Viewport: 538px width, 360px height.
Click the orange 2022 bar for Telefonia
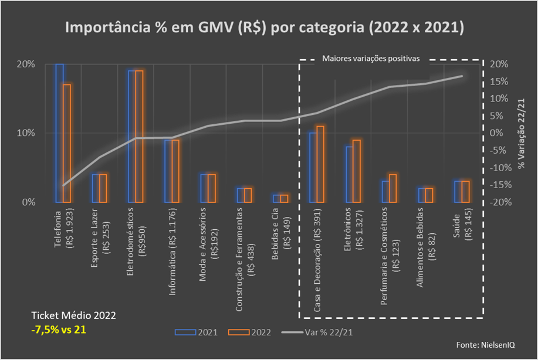pos(67,143)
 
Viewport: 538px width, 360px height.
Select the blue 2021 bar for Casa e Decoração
pos(313,167)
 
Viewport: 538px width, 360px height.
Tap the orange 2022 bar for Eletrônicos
pos(356,171)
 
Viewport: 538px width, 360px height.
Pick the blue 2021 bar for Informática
pos(168,171)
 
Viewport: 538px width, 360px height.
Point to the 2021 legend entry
pos(196,332)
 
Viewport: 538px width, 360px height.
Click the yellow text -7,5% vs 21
pos(59,330)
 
